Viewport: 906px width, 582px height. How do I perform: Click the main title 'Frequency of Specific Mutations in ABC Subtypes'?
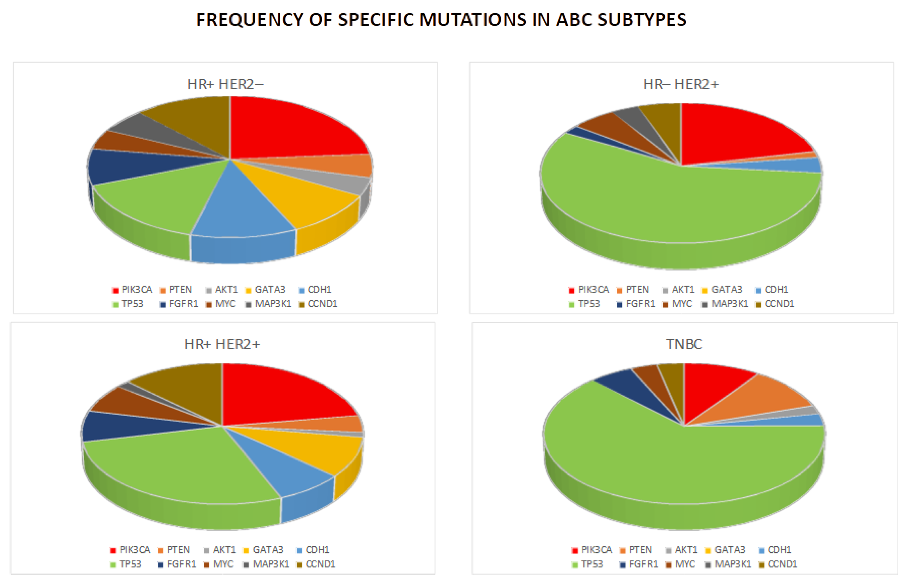441,20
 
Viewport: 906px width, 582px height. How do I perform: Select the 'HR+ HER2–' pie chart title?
225,84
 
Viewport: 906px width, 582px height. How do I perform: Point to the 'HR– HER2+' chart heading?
681,84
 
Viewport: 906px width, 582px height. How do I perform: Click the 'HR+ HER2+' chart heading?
222,344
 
